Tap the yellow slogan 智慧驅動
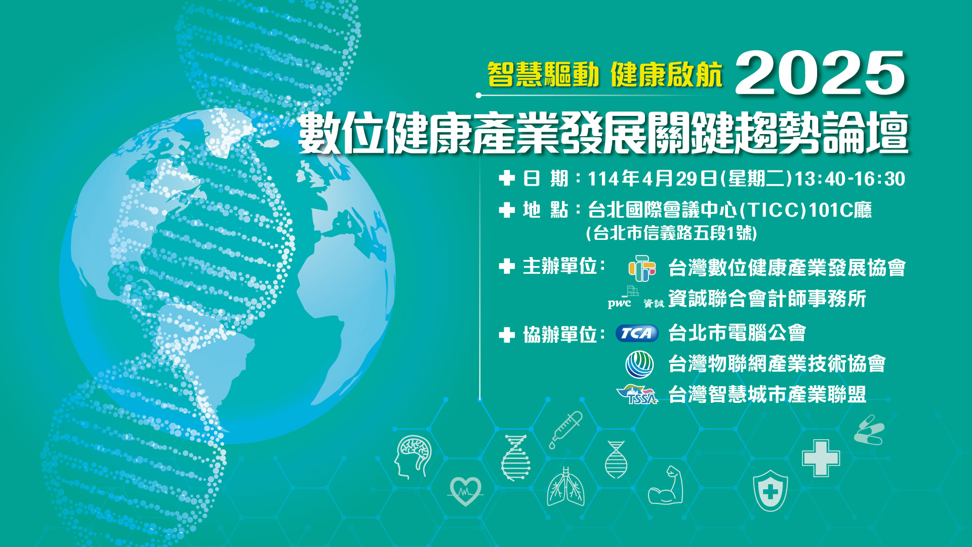coord(543,75)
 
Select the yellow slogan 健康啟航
coord(667,75)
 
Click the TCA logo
coord(637,333)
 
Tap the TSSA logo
coord(637,395)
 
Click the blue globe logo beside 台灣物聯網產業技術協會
coord(639,364)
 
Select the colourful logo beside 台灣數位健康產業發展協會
coord(642,268)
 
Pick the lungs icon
coord(566,487)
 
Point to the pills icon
coord(869,430)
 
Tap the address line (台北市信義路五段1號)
coord(672,233)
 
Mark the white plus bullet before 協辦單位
coord(507,334)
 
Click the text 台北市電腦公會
coord(737,333)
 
